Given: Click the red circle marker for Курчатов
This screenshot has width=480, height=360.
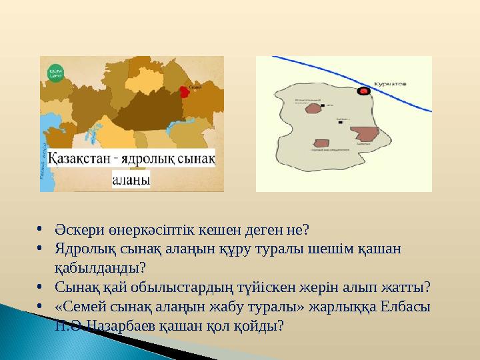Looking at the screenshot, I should point(363,90).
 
